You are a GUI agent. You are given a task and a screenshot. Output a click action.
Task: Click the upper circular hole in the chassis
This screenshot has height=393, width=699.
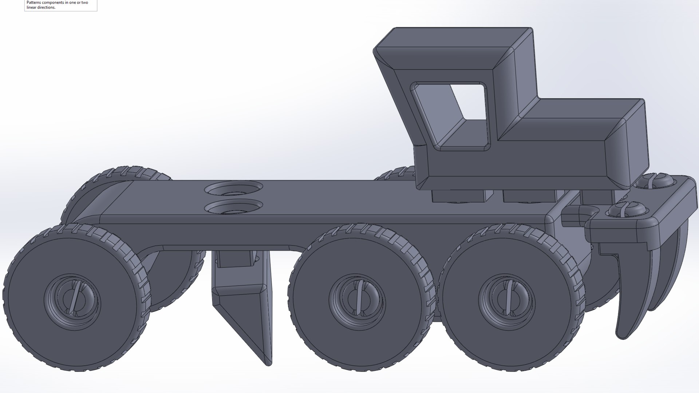pyautogui.click(x=233, y=188)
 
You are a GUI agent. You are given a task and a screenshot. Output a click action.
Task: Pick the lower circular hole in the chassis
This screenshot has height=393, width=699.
pyautogui.click(x=233, y=207)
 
